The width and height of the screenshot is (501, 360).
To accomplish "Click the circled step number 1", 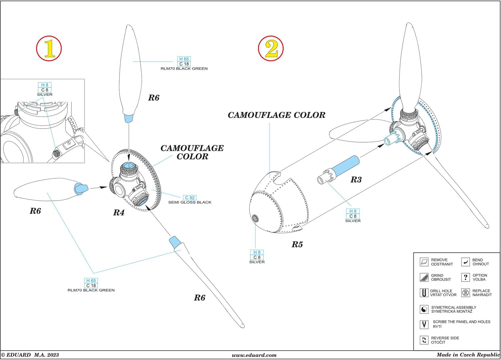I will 49,49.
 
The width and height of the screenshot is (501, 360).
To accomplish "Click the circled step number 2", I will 271,48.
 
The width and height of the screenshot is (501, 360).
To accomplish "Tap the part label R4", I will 119,213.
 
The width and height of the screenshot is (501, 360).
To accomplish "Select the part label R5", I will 297,244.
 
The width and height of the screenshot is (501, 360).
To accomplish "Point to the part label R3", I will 356,180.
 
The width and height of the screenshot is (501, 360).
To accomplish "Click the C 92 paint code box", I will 190,198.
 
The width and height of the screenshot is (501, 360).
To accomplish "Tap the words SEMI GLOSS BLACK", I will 190,202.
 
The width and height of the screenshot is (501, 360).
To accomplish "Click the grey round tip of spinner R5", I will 255,218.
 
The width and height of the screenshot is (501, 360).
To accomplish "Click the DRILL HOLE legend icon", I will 424,293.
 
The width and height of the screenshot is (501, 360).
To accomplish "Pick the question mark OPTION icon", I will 465,277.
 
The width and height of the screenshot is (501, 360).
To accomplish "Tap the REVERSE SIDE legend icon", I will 424,340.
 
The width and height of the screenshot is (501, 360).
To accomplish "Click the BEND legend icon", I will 465,262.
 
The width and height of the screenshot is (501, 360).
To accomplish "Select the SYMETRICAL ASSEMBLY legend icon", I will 424,309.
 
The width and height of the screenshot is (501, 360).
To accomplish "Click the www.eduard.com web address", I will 254,355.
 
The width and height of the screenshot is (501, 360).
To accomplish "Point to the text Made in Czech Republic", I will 468,355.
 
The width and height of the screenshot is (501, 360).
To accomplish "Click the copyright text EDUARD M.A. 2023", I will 30,355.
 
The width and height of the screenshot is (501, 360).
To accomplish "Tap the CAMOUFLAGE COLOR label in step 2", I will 276,115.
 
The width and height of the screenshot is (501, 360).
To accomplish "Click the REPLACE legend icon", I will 465,293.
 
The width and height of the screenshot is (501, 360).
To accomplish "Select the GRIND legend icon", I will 424,277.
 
